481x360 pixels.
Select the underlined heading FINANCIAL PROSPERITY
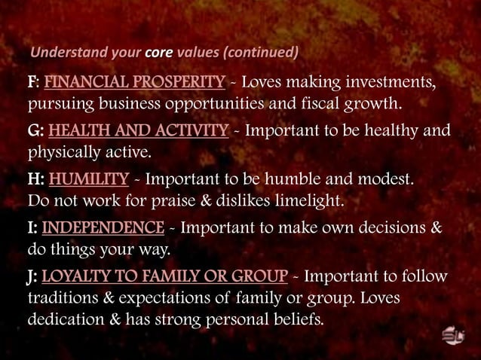pos(135,81)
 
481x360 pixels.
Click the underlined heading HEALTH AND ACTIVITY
pos(138,131)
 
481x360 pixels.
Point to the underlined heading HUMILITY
pos(89,180)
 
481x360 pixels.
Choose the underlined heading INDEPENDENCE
pos(103,227)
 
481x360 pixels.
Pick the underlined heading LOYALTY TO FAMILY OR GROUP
pos(164,276)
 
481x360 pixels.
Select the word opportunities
pos(231,104)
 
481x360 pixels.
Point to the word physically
pos(60,153)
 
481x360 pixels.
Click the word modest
pos(383,180)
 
